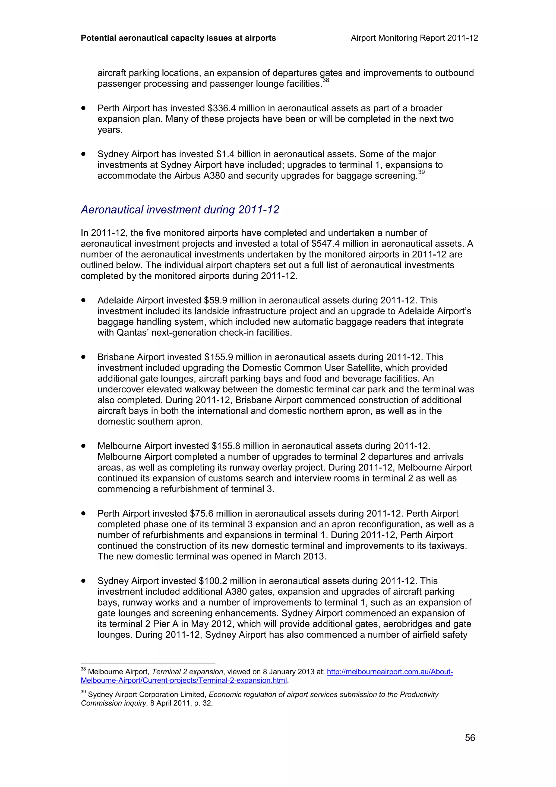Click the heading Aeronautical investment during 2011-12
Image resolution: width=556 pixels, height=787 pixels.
coord(180,209)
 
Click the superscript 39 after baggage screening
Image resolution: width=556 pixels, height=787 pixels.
coord(421,172)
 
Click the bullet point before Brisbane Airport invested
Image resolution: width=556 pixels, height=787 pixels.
coord(83,357)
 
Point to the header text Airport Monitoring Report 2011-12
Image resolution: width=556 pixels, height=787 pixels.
coord(414,38)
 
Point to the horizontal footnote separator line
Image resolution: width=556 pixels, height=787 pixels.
coord(148,663)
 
